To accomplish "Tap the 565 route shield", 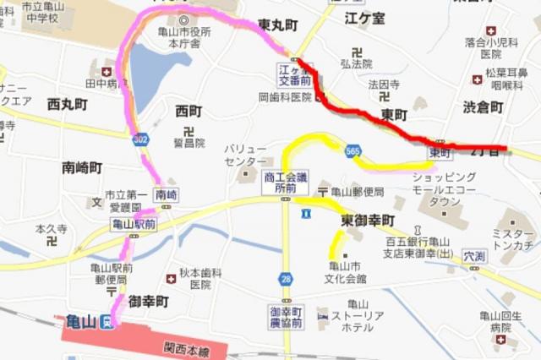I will pos(353,150).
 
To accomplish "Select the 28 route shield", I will pos(287,279).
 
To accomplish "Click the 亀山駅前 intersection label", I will pos(134,225).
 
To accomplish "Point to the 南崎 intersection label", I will pos(167,194).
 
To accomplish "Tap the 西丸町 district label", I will pos(67,105).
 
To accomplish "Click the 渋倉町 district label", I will pos(483,107).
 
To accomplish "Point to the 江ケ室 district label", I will pos(365,16).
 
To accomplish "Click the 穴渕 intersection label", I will pos(474,254).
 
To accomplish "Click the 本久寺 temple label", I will pos(51,228).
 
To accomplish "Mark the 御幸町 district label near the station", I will pos(149,301).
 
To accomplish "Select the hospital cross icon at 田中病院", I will pos(106,73).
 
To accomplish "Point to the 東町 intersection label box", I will pos(440,152).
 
